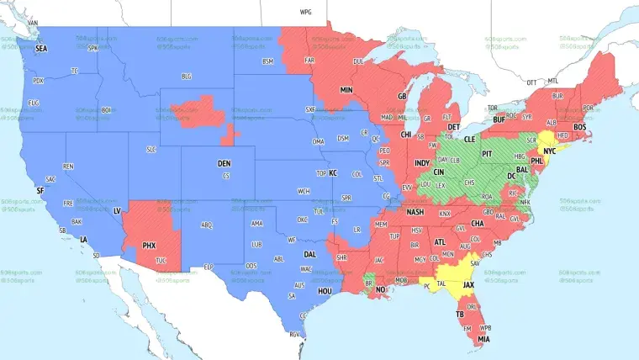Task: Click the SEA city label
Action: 41,49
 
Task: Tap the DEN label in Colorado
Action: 224,163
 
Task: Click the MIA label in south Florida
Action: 483,339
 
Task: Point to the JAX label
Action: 469,285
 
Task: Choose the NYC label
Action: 550,152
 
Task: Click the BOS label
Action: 579,127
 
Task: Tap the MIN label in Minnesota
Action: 346,89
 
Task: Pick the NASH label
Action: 415,213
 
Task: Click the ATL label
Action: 439,242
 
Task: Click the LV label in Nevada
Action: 117,209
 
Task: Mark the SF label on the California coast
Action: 40,191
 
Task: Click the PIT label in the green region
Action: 486,155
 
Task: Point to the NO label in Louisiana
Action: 380,289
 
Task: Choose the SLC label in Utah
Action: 151,149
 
